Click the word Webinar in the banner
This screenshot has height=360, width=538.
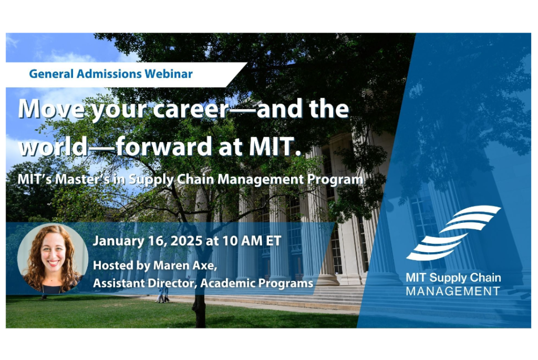pyautogui.click(x=168, y=74)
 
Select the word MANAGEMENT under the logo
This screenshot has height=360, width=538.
pyautogui.click(x=453, y=291)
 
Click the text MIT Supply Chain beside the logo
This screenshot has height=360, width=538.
pyautogui.click(x=453, y=277)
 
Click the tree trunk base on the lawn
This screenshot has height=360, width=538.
pyautogui.click(x=199, y=318)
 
